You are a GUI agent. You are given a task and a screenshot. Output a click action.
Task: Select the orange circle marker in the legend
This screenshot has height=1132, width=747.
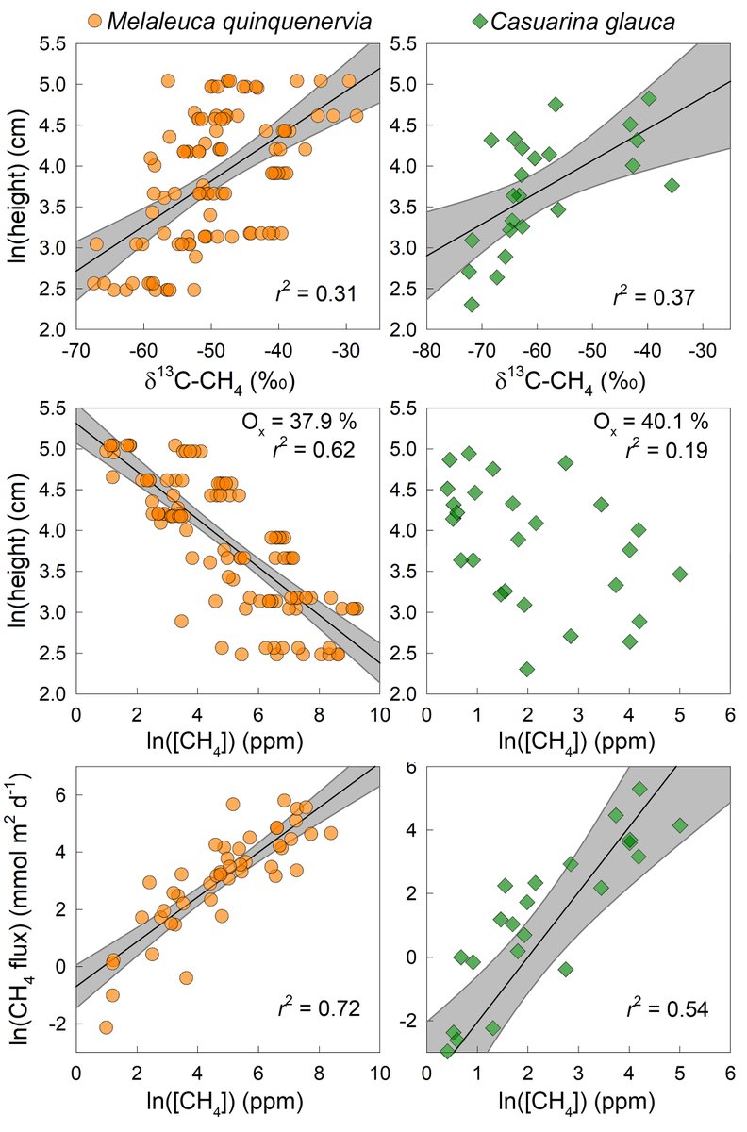pyautogui.click(x=93, y=20)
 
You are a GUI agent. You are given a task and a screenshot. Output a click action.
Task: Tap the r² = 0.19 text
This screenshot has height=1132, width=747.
pyautogui.click(x=666, y=450)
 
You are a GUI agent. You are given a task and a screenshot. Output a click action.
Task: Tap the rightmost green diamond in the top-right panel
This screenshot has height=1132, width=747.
pyautogui.click(x=672, y=186)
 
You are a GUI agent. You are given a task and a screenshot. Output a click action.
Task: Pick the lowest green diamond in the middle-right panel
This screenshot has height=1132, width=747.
pyautogui.click(x=527, y=669)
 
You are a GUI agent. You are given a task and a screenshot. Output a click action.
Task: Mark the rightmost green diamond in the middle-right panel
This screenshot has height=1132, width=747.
pyautogui.click(x=679, y=574)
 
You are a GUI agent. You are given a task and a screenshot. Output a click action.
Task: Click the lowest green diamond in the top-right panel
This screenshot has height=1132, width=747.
pyautogui.click(x=472, y=304)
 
